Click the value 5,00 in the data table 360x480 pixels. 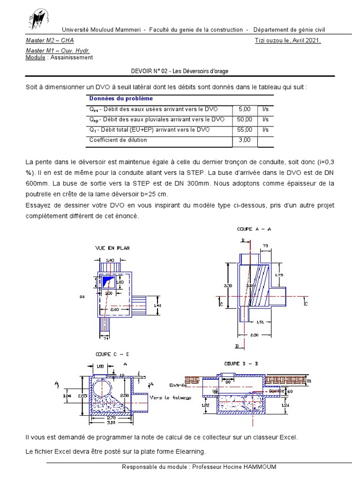(x=245, y=109)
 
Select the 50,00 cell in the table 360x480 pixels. (x=245, y=119)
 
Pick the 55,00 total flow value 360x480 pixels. (x=245, y=129)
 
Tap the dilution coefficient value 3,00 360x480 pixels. (x=245, y=140)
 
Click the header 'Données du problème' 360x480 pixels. (x=121, y=98)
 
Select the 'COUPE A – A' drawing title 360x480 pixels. (x=254, y=229)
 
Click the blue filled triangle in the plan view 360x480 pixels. (x=108, y=281)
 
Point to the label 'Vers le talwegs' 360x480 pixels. (x=167, y=397)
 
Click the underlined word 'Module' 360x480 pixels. (x=35, y=57)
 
